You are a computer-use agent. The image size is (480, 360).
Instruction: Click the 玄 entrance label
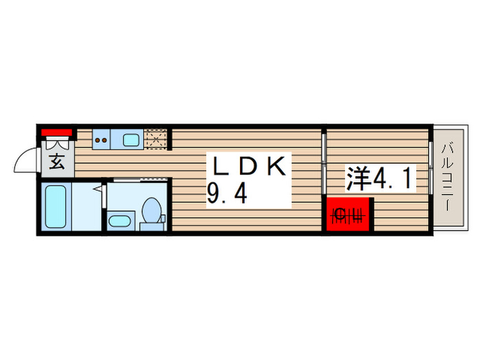pyautogui.click(x=58, y=163)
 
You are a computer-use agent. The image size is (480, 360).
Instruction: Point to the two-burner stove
pyautogui.click(x=101, y=140)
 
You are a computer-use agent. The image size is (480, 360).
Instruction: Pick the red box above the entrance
pyautogui.click(x=57, y=132)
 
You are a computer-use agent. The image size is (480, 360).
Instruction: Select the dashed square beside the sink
pyautogui.click(x=156, y=139)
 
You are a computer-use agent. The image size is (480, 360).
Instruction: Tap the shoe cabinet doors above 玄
pyautogui.click(x=58, y=143)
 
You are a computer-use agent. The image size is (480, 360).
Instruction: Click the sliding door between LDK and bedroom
pyautogui.click(x=324, y=163)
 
